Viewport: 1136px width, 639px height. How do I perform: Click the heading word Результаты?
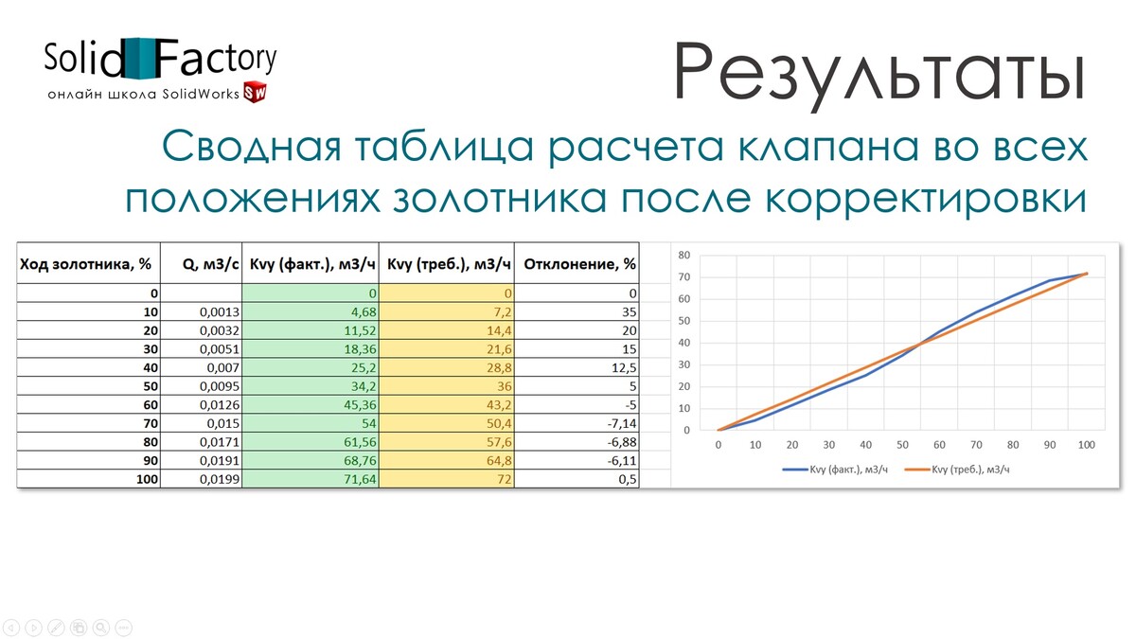tap(879, 74)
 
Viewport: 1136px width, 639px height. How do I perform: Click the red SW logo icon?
tap(255, 92)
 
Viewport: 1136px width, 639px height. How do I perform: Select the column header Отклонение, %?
tap(579, 264)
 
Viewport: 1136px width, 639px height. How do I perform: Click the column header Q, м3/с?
tap(210, 264)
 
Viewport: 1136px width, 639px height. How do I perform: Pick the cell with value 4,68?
tap(311, 311)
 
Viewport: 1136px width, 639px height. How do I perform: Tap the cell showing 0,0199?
tap(202, 479)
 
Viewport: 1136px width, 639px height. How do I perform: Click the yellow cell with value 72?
tap(447, 479)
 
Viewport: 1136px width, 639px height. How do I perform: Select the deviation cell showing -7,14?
tap(577, 423)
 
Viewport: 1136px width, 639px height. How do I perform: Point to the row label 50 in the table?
tap(151, 386)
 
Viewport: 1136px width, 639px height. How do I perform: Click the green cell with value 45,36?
tap(311, 405)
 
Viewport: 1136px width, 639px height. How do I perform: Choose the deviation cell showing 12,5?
tap(577, 367)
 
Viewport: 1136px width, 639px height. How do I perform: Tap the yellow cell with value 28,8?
tap(447, 367)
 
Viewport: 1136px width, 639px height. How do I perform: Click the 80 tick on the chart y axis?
tap(684, 255)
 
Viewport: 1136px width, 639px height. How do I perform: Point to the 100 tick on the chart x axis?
tap(1087, 445)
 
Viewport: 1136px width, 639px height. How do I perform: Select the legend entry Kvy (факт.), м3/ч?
tap(835, 470)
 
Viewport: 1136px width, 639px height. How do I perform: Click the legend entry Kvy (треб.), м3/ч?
tap(957, 470)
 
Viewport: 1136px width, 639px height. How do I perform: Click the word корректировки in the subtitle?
tap(926, 200)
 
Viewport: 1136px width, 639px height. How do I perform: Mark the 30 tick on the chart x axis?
tap(828, 445)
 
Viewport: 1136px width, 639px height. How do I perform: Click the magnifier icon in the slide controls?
tap(101, 628)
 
